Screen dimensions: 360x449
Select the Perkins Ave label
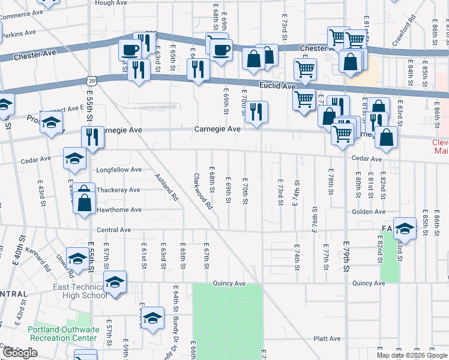16,35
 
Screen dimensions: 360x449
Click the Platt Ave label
327,338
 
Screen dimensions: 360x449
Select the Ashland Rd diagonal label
167,187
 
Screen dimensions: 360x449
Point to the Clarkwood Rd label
203,191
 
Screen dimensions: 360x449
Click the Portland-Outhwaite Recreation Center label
62,334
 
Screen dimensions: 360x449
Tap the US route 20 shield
90,80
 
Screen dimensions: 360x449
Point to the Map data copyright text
412,355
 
